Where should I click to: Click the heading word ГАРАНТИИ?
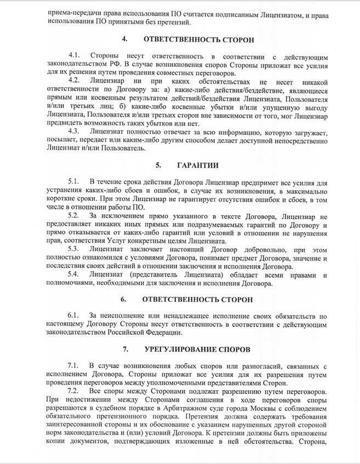click(198, 165)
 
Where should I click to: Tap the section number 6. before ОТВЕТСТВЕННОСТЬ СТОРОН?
click(123, 300)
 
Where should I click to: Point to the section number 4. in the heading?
click(125, 39)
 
